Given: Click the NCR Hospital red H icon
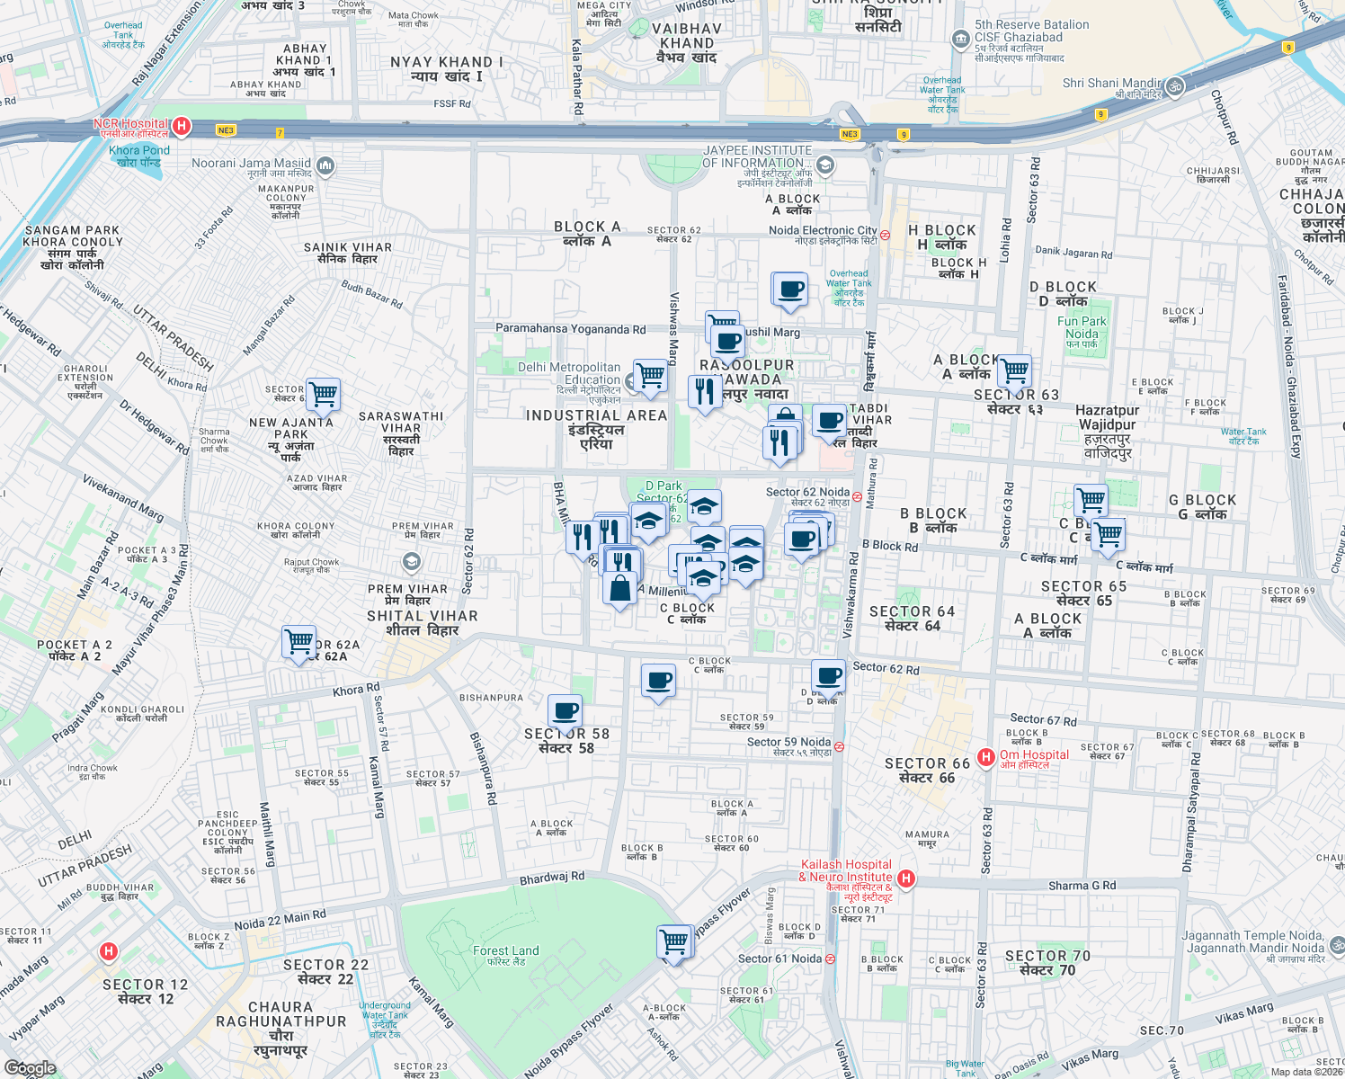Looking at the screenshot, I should [x=182, y=126].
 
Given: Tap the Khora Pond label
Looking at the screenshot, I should [x=138, y=156].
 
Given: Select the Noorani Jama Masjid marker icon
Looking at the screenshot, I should [x=325, y=165].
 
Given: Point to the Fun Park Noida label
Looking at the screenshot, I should [x=1082, y=332].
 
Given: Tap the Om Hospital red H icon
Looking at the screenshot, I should [x=986, y=757].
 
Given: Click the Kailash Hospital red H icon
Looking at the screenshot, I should [x=906, y=878].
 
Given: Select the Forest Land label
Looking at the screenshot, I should [x=506, y=954].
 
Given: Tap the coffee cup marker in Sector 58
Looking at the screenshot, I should [x=566, y=711].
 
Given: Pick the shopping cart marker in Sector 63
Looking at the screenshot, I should [x=1014, y=370].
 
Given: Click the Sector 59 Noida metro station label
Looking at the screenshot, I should [x=789, y=746].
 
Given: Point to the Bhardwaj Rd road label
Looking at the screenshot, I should [x=552, y=878].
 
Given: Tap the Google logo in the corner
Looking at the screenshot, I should [x=30, y=1067].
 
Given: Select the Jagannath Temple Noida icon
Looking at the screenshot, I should [x=1336, y=945].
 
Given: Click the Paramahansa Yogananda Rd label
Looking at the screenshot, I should [x=570, y=329].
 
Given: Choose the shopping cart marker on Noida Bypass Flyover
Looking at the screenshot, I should [x=674, y=941].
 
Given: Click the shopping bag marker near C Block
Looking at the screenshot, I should [x=620, y=589].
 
